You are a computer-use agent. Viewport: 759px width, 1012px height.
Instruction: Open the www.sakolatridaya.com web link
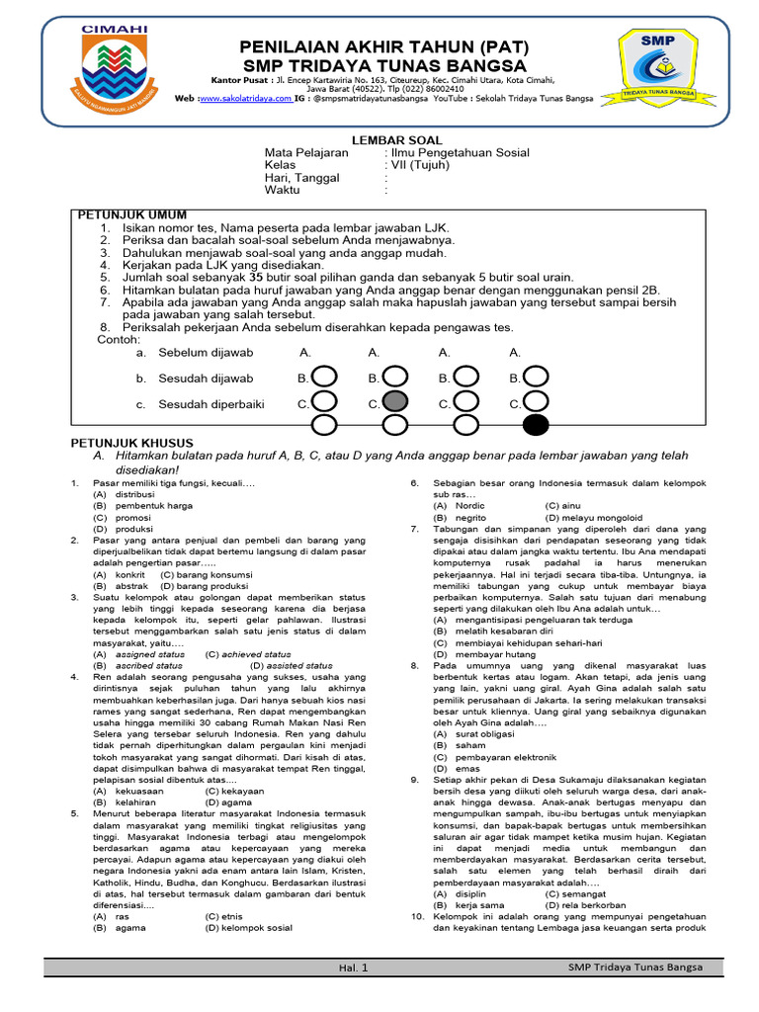click(x=247, y=99)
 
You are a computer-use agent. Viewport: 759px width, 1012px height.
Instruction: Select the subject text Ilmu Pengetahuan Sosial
click(x=461, y=153)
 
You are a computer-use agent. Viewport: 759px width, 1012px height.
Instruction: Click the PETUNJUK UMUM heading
click(x=132, y=214)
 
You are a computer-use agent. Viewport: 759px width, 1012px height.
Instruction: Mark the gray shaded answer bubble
click(x=394, y=401)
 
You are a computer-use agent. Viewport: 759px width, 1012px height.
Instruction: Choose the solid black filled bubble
click(x=536, y=425)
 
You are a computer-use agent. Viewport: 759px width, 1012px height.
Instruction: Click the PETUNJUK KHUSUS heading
click(x=132, y=443)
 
